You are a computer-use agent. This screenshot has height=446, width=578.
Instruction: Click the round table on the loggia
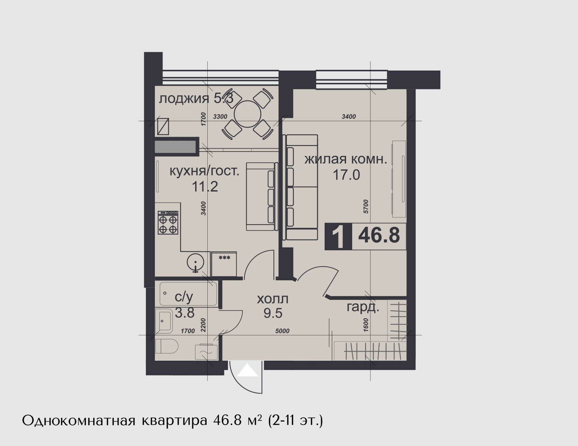[x=247, y=114]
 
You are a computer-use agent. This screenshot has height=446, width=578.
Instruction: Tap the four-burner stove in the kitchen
[x=168, y=222]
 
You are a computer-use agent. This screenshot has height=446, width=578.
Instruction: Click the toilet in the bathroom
[x=167, y=346]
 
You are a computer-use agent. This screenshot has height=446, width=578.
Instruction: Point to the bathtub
[x=188, y=294]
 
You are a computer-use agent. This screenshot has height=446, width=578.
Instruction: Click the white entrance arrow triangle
[x=248, y=370]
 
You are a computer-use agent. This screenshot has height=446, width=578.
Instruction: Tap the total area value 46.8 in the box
[x=379, y=236]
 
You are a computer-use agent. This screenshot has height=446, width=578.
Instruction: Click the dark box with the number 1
[x=338, y=237]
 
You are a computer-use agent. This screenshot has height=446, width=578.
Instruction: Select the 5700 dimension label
[x=366, y=206]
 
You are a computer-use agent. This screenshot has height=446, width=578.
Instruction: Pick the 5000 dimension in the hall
[x=282, y=331]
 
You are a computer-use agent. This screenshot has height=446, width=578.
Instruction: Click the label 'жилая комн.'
[x=346, y=160]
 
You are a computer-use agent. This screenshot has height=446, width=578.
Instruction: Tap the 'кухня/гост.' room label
[x=204, y=171]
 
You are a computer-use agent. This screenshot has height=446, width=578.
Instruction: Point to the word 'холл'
[x=273, y=299]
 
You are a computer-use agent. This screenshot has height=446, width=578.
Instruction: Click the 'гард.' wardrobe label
[x=363, y=308]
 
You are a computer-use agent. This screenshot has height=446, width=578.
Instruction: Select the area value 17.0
[x=346, y=175]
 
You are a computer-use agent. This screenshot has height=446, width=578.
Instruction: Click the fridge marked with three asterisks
[x=224, y=264]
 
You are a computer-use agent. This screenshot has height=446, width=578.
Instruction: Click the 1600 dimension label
[x=366, y=325]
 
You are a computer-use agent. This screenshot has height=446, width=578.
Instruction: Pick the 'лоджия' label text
[x=184, y=99]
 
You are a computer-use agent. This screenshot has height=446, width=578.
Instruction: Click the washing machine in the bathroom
[x=206, y=352]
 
